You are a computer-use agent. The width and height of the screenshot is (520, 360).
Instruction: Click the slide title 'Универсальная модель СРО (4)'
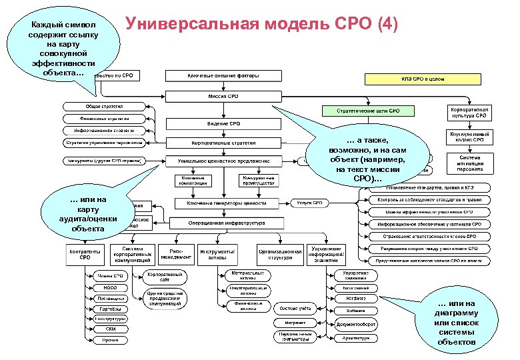(264, 25)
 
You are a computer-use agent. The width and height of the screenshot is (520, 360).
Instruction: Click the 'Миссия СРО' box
(219, 96)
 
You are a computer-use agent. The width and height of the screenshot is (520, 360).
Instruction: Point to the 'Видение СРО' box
(219, 124)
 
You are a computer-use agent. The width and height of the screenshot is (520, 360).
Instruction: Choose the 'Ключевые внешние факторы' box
(219, 75)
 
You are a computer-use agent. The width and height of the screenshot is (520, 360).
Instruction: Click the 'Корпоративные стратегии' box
(219, 143)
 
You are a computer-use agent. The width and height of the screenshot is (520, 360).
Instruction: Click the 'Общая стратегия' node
(103, 106)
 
